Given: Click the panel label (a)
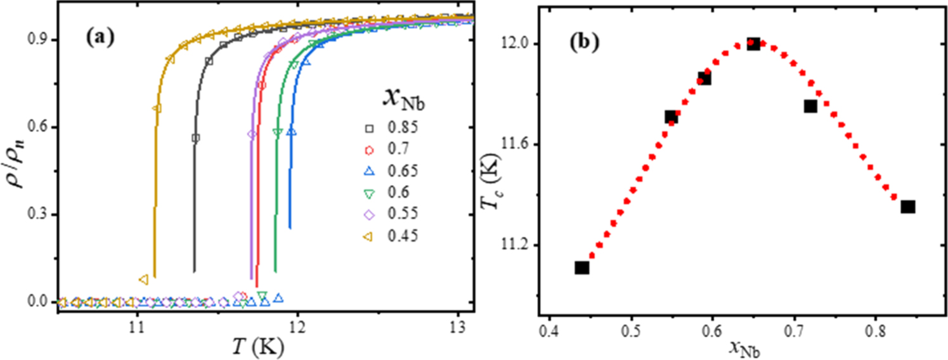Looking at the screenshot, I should click(100, 37).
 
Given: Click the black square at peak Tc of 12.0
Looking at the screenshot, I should click(753, 44).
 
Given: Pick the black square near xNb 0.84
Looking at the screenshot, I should click(908, 207).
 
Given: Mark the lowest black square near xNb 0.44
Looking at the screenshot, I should click(581, 267).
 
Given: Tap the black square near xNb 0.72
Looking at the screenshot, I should click(810, 106).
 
